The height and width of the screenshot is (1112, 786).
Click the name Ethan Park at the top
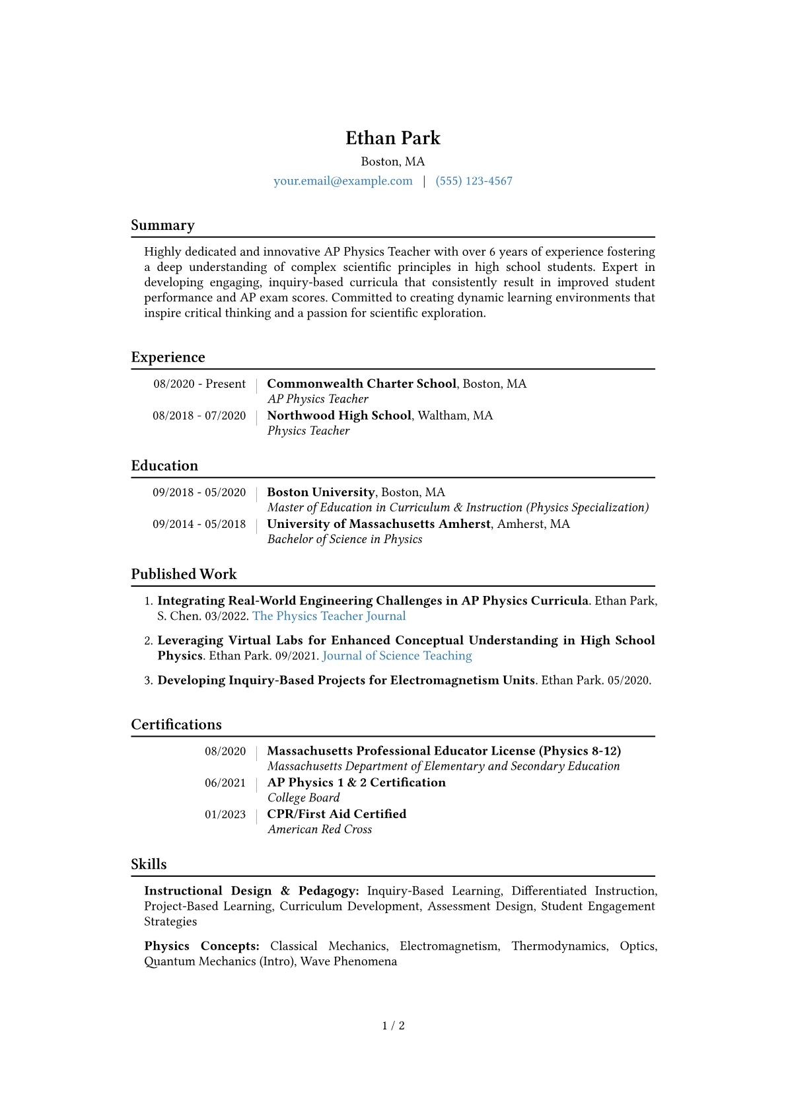click(393, 138)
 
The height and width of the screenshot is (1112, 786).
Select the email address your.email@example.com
click(343, 181)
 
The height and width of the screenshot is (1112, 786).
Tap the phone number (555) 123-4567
click(474, 181)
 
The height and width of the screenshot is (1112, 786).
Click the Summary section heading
click(162, 225)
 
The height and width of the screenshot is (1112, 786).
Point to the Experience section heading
click(168, 357)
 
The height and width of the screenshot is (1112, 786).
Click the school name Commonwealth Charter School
click(361, 384)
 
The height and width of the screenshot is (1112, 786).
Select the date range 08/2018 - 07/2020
click(199, 416)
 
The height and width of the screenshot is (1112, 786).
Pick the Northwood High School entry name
click(339, 416)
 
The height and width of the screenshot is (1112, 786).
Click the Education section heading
click(164, 466)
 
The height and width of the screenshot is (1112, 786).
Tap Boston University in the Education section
click(320, 492)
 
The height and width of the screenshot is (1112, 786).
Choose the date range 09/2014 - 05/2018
click(199, 524)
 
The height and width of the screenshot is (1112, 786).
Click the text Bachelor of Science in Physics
click(345, 539)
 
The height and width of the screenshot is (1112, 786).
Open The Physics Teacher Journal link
click(329, 616)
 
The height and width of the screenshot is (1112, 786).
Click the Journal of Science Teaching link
click(397, 655)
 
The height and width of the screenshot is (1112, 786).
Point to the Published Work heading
click(184, 574)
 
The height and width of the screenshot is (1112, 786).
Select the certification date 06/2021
click(225, 783)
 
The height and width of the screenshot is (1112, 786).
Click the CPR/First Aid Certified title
click(336, 814)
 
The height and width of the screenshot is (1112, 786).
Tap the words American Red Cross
click(320, 829)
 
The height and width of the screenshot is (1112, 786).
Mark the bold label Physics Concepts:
click(201, 946)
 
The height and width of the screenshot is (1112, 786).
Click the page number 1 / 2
click(393, 1025)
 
